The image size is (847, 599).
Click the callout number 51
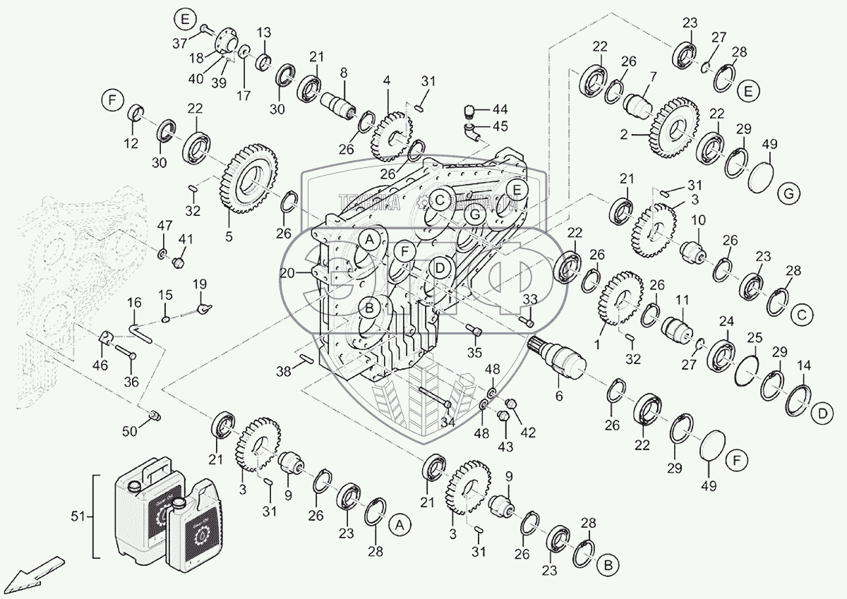[x=79, y=516]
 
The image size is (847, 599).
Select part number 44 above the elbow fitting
[x=500, y=109]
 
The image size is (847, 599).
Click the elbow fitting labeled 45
[x=470, y=131]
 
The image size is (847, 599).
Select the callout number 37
[x=181, y=43]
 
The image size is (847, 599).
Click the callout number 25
[x=755, y=337]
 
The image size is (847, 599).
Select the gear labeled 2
[x=675, y=128]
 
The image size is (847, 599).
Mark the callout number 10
[x=697, y=220]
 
